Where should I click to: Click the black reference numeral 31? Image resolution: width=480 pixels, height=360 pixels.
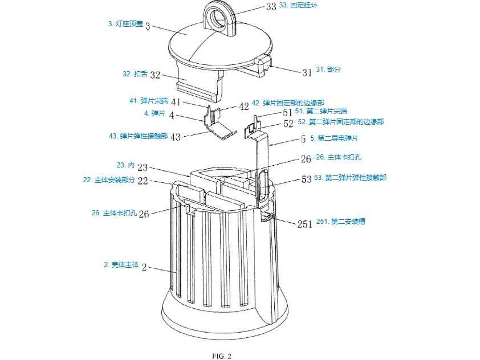pyautogui.click(x=307, y=72)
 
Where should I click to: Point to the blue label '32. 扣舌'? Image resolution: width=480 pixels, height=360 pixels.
pyautogui.click(x=135, y=74)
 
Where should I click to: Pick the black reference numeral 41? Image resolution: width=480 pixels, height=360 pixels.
pyautogui.click(x=175, y=102)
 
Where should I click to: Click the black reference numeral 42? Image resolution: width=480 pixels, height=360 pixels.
pyautogui.click(x=244, y=106)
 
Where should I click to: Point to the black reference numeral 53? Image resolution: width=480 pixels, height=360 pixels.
pyautogui.click(x=306, y=179)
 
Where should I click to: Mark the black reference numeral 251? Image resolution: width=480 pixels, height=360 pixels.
pyautogui.click(x=304, y=223)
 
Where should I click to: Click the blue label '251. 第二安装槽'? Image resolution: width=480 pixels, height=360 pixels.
pyautogui.click(x=342, y=221)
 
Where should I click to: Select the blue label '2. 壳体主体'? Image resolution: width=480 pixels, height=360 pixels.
pyautogui.click(x=121, y=265)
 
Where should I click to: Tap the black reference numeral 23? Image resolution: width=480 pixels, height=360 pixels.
pyautogui.click(x=142, y=167)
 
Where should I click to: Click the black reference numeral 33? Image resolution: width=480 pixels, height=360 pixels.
pyautogui.click(x=271, y=6)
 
